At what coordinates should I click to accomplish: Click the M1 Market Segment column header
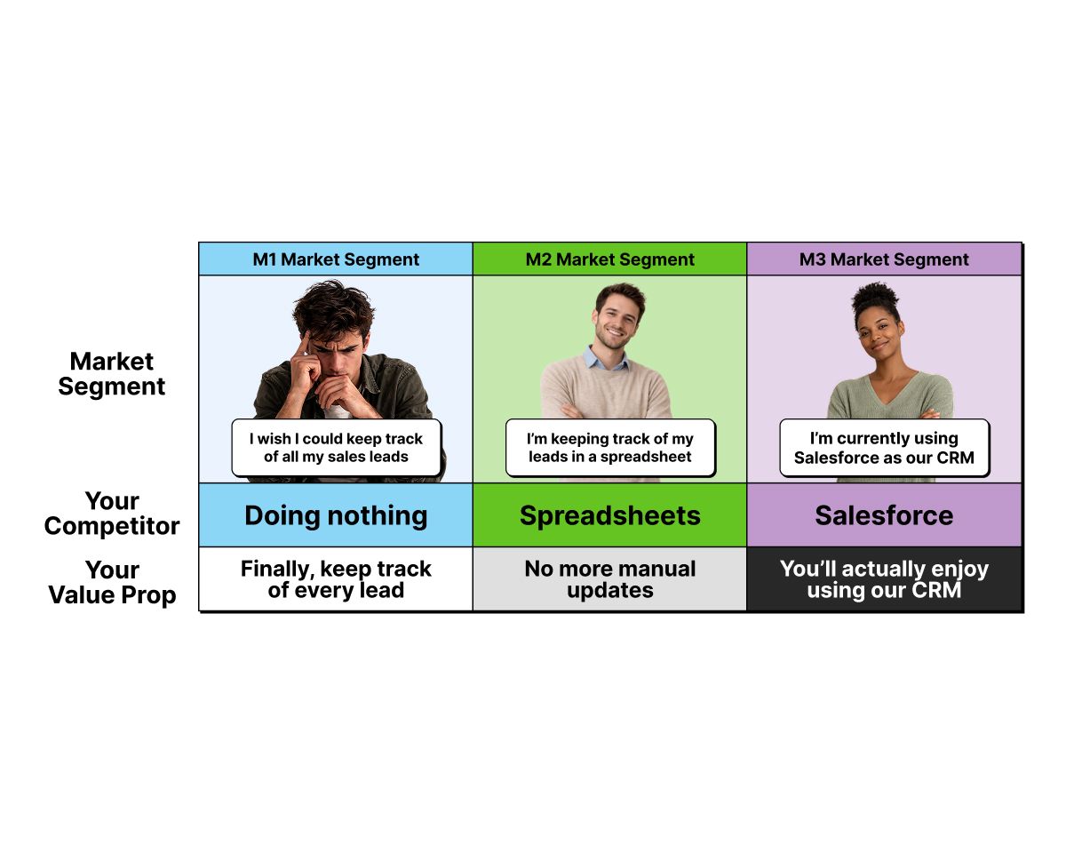(x=336, y=259)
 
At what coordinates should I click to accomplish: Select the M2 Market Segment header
(x=609, y=259)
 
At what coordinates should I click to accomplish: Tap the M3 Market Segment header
(x=884, y=259)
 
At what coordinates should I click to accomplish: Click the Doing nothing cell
(x=336, y=515)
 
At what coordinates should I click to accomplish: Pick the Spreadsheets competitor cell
(x=609, y=515)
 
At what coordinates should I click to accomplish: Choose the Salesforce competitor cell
(x=884, y=515)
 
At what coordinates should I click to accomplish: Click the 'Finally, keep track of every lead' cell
(x=336, y=579)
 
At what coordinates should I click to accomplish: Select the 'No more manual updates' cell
(x=609, y=579)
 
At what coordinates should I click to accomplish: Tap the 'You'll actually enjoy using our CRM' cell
(x=884, y=579)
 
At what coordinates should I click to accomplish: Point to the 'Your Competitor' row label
(x=112, y=514)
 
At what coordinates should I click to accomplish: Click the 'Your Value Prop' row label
(x=112, y=582)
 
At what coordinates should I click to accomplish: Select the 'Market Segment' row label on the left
(x=111, y=374)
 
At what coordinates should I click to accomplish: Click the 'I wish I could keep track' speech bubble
(x=337, y=448)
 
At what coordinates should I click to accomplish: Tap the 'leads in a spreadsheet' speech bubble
(x=610, y=448)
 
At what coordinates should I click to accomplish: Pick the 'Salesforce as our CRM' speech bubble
(x=884, y=448)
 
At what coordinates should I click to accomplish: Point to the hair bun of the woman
(x=875, y=294)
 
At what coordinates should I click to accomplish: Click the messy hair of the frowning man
(x=333, y=308)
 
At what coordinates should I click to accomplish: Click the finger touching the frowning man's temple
(x=303, y=343)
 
